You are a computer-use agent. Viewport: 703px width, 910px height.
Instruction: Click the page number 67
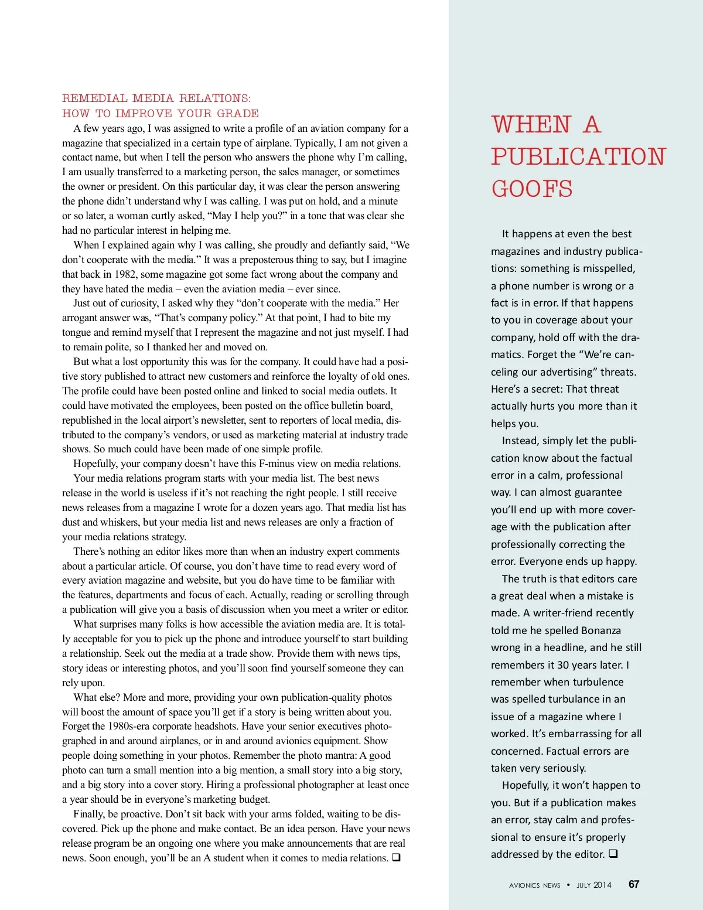click(x=634, y=884)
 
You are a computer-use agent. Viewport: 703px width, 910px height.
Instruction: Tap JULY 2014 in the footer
click(x=593, y=885)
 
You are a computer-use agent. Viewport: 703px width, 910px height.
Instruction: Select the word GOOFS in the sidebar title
click(x=532, y=189)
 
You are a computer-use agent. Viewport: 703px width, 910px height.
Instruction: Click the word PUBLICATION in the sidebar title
click(x=578, y=156)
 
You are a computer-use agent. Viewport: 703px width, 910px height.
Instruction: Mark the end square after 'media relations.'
click(x=396, y=858)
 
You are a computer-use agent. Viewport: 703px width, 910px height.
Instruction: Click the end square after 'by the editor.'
click(x=613, y=854)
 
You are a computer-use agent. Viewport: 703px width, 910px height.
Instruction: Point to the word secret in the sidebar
click(x=547, y=389)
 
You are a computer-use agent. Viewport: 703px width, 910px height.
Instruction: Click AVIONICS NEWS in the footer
click(x=534, y=885)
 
